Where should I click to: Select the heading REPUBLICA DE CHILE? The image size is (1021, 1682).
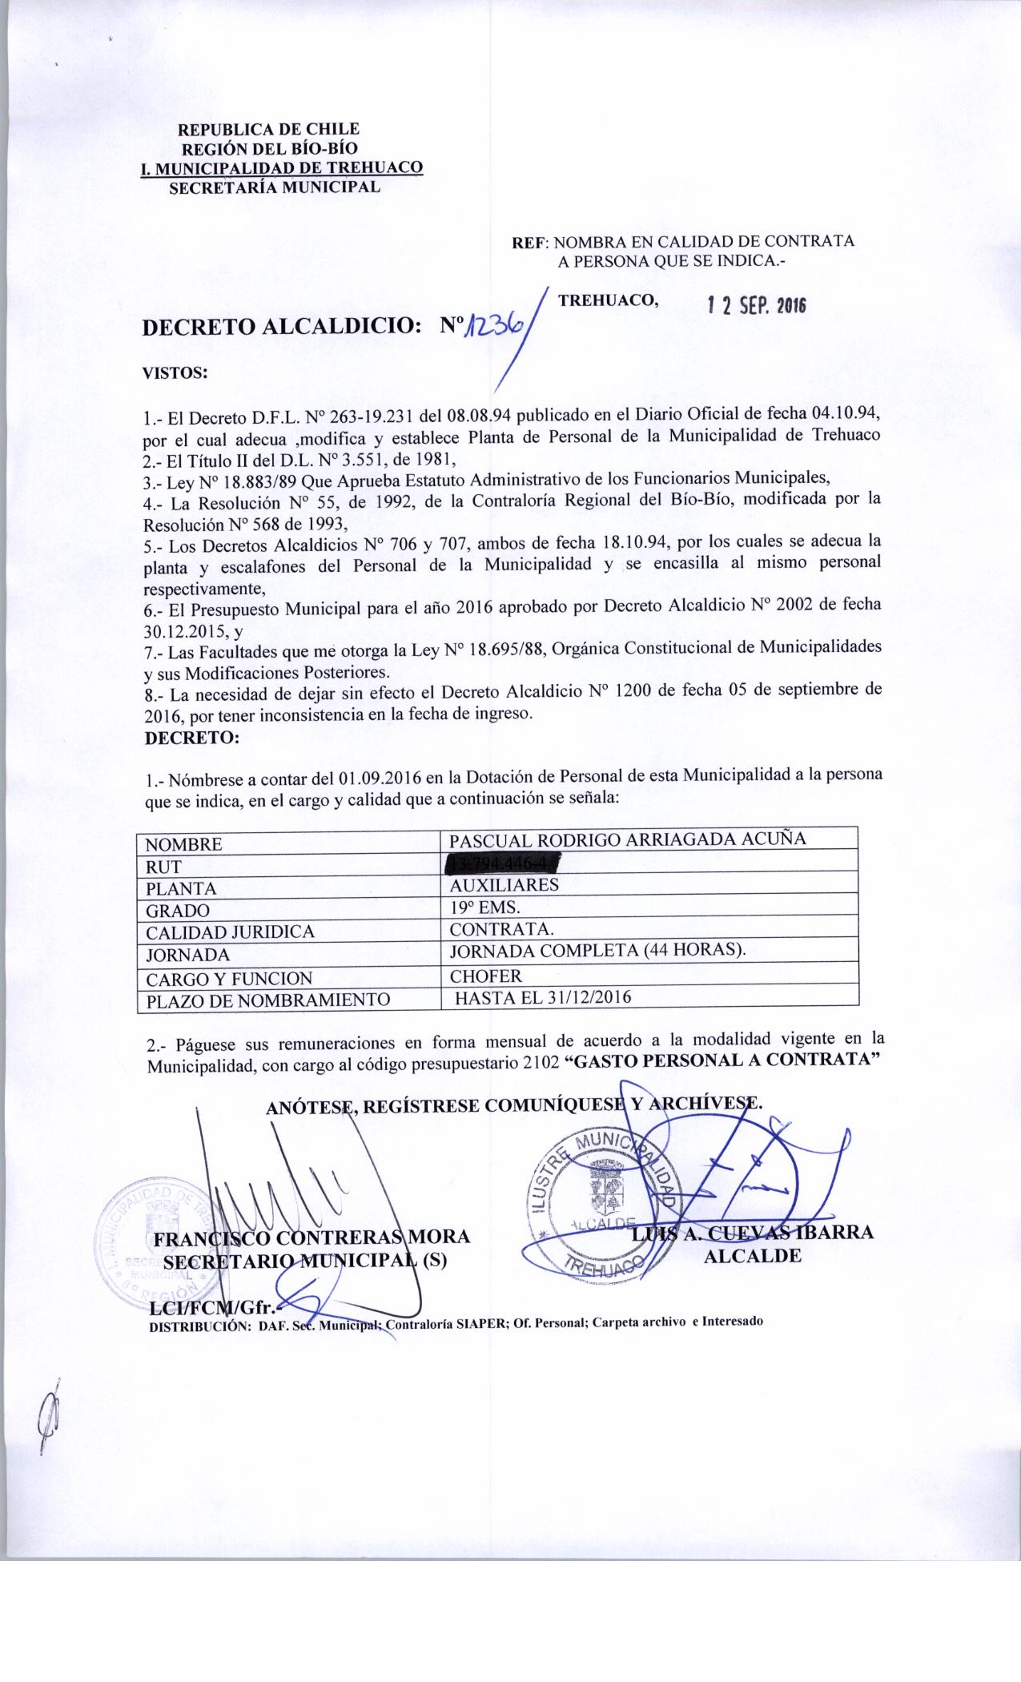[x=268, y=129]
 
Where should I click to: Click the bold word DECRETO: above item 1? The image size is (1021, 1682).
[x=191, y=738]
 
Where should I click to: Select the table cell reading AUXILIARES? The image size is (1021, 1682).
[x=504, y=885]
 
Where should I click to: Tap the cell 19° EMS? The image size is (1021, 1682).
[x=485, y=907]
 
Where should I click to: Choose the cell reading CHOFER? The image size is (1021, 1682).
[x=486, y=976]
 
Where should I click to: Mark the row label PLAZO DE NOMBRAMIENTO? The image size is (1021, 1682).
[x=267, y=1000]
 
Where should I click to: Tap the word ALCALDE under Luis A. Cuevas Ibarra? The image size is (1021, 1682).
[x=752, y=1256]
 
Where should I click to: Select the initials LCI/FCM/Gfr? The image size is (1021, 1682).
[x=213, y=1307]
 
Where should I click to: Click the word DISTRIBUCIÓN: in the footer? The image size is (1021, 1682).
[x=195, y=1326]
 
